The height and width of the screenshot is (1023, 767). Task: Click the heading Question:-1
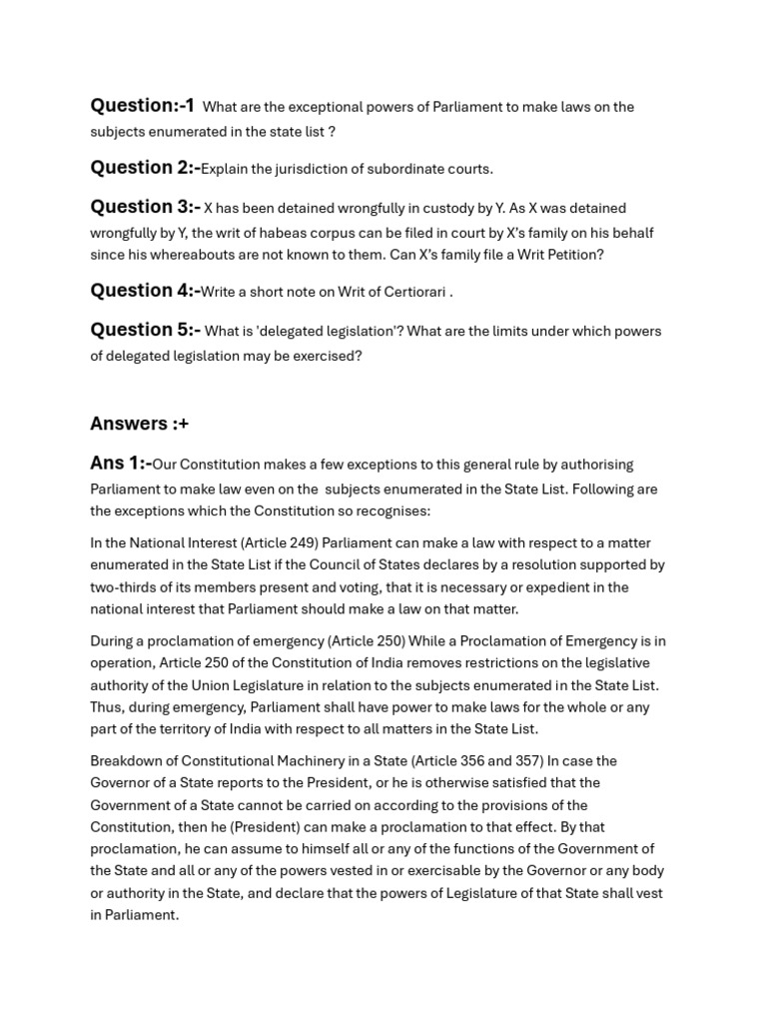(x=142, y=106)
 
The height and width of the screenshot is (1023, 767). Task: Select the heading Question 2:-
(x=145, y=168)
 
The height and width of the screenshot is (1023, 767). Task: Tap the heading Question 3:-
(x=145, y=208)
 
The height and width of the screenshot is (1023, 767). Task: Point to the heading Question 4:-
(x=145, y=291)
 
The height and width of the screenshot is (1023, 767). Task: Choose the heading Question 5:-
(x=145, y=330)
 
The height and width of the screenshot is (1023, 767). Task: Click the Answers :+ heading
(x=139, y=424)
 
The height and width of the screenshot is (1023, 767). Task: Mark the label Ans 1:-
(x=120, y=464)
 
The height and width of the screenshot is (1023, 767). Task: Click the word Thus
(x=107, y=707)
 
